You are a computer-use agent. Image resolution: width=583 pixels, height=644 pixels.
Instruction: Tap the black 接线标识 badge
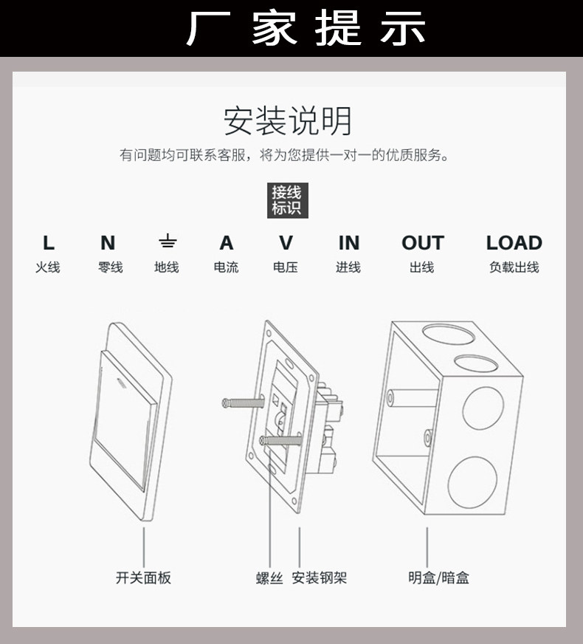point(286,200)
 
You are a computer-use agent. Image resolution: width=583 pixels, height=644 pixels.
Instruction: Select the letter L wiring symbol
point(49,243)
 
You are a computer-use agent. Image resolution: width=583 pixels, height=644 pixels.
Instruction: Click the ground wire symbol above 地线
point(168,241)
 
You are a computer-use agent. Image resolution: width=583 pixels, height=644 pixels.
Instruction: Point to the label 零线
point(110,267)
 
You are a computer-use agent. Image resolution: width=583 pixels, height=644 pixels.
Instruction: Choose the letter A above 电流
point(227,243)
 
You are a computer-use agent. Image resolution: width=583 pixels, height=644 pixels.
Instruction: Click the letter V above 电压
point(286,243)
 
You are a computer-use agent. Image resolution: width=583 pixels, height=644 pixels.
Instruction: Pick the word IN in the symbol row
point(348,243)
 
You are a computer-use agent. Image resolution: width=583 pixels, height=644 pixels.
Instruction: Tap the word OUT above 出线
point(422,243)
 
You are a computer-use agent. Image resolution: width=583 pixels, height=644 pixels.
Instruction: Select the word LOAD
point(514,243)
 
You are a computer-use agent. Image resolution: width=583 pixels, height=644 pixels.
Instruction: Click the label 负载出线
point(514,267)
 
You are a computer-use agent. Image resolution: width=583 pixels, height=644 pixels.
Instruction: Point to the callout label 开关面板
point(143,578)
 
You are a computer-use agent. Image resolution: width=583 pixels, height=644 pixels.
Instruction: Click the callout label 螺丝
point(269,578)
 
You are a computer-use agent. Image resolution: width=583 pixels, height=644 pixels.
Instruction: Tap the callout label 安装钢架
point(320,578)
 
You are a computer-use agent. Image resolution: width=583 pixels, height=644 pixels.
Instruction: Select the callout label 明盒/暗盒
point(438,578)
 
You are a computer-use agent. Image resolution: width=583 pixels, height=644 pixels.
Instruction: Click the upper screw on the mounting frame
point(242,402)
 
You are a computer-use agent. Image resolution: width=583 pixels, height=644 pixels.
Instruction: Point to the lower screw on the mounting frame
point(281,441)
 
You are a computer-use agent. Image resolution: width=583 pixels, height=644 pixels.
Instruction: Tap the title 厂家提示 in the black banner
point(306,28)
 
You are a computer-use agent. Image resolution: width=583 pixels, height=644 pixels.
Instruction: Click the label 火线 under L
point(48,267)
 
